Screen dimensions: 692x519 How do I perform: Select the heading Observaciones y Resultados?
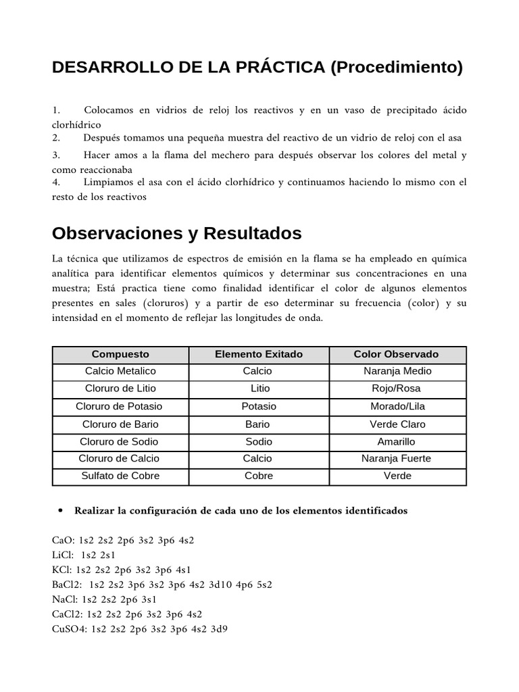point(176,234)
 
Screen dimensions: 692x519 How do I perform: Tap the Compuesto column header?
point(120,354)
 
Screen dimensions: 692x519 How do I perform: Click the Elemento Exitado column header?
point(259,354)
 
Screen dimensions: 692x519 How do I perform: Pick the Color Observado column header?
point(396,354)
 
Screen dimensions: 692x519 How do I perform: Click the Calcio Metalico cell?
point(120,371)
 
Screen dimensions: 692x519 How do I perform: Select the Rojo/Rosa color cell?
point(396,389)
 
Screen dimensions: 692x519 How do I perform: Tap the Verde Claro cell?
point(396,424)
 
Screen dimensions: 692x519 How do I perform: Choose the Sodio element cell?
point(259,441)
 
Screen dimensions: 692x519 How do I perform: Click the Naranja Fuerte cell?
point(396,458)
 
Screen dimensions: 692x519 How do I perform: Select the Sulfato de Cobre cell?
point(120,476)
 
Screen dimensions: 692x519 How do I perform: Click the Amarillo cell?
point(396,441)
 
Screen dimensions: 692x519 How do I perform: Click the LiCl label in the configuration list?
point(63,555)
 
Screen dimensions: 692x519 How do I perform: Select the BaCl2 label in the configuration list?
point(66,585)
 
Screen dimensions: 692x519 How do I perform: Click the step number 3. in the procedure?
point(57,155)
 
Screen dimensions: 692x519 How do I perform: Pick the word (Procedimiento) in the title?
point(397,68)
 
